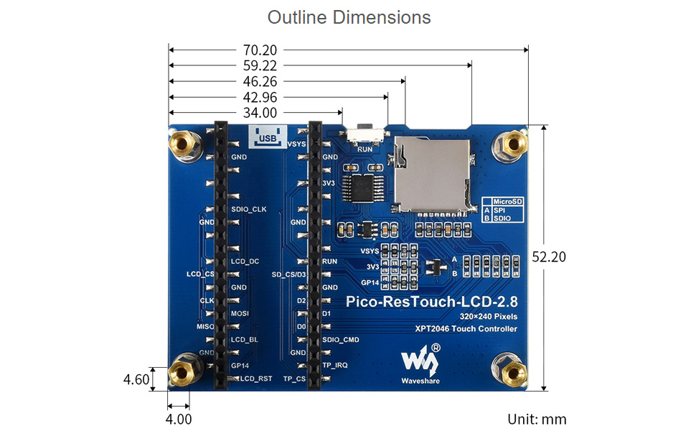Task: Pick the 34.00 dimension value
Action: pos(260,113)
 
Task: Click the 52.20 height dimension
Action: pos(549,256)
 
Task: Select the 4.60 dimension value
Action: pos(136,379)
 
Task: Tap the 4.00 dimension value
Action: pos(179,419)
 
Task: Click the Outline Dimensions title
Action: pos(349,17)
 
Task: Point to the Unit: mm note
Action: pos(537,419)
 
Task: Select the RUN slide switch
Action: pos(365,134)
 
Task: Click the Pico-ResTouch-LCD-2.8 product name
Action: pos(431,302)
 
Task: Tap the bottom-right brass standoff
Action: pos(513,373)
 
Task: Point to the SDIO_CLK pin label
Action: pos(249,209)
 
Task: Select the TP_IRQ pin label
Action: pos(335,365)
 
